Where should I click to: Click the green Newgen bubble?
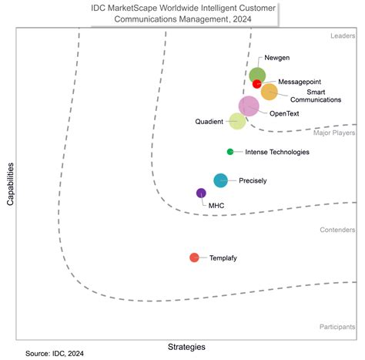click(257, 75)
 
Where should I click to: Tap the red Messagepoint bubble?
click(257, 84)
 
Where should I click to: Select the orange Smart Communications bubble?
click(269, 92)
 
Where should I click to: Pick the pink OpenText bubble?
click(249, 106)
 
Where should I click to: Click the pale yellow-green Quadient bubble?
click(238, 121)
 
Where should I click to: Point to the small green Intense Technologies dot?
click(230, 152)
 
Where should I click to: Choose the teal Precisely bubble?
click(220, 180)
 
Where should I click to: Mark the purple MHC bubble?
click(201, 193)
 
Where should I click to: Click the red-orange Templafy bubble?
click(194, 257)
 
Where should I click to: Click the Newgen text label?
click(276, 59)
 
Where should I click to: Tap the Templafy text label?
click(223, 258)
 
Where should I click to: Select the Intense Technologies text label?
click(276, 152)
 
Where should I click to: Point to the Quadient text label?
click(208, 121)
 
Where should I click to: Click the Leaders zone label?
click(340, 35)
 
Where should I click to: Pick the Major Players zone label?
click(334, 133)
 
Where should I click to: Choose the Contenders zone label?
click(337, 230)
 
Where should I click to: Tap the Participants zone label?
click(337, 327)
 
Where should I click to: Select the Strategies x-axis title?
click(186, 346)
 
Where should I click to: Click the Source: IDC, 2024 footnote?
click(54, 352)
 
